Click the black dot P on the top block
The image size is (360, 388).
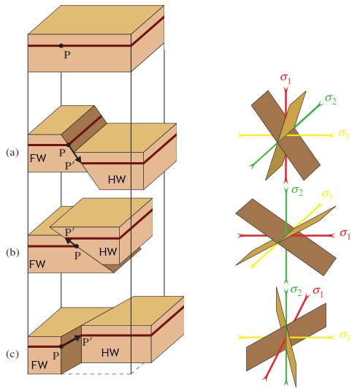tap(61, 46)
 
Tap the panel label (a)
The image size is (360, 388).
tap(12, 153)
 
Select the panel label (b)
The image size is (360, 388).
tap(12, 253)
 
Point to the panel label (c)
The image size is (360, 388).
tap(12, 354)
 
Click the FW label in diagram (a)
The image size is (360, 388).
tap(38, 159)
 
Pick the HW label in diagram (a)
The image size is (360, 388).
tap(117, 180)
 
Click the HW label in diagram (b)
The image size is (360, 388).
tap(108, 252)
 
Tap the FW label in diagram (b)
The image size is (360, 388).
tap(37, 264)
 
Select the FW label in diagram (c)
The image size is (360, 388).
tap(39, 365)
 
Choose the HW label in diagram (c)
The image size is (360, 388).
tap(110, 353)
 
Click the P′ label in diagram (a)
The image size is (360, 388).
tap(69, 166)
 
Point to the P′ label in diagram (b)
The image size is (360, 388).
tap(69, 232)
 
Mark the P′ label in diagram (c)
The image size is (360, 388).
tap(88, 342)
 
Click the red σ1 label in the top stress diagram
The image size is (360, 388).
tap(286, 78)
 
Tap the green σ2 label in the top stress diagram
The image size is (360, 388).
tap(331, 99)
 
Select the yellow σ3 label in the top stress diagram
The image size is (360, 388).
tap(344, 135)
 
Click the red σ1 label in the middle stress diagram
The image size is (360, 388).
tap(345, 234)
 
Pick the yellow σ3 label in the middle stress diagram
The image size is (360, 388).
tap(327, 195)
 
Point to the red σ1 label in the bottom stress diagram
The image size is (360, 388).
tap(318, 292)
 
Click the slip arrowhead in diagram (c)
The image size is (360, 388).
tap(78, 338)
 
